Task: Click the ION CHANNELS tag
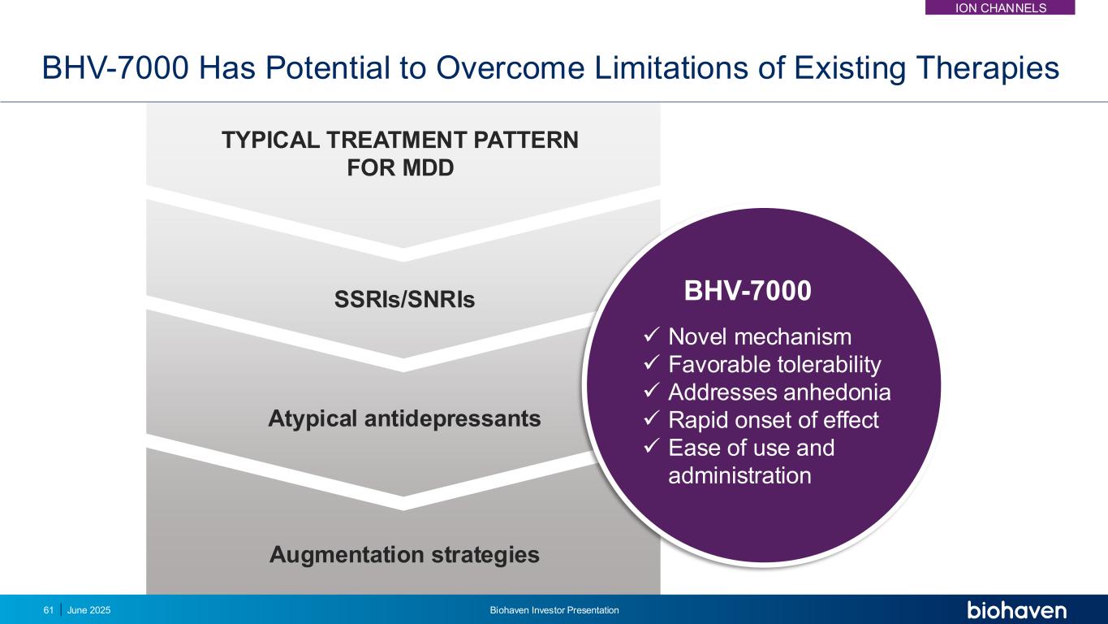pyautogui.click(x=1000, y=7)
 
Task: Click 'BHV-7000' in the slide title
pyautogui.click(x=115, y=68)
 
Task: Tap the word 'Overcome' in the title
pyautogui.click(x=510, y=68)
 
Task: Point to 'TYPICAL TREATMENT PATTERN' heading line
pyautogui.click(x=400, y=140)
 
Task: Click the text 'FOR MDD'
pyautogui.click(x=400, y=168)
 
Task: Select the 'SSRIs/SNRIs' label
pyautogui.click(x=404, y=299)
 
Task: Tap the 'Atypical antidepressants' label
pyautogui.click(x=404, y=419)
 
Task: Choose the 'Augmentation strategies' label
pyautogui.click(x=404, y=555)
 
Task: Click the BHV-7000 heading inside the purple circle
pyautogui.click(x=748, y=291)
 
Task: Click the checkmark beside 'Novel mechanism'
pyautogui.click(x=652, y=336)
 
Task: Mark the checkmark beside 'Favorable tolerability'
pyautogui.click(x=652, y=363)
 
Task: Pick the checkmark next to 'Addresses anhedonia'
pyautogui.click(x=652, y=391)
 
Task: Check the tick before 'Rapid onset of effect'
pyautogui.click(x=652, y=418)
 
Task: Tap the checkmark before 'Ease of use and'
pyautogui.click(x=652, y=446)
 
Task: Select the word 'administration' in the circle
pyautogui.click(x=740, y=476)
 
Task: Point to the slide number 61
pyautogui.click(x=49, y=610)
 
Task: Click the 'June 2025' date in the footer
pyautogui.click(x=89, y=610)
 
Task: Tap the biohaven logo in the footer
pyautogui.click(x=1017, y=609)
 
